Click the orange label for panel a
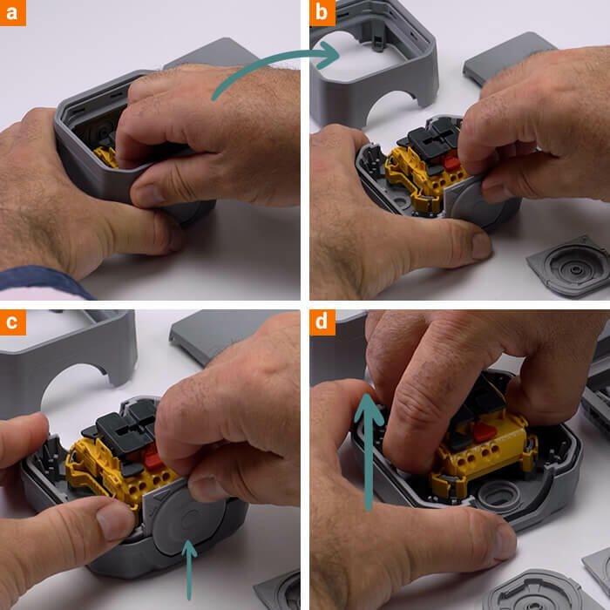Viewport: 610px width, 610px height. pyautogui.click(x=13, y=13)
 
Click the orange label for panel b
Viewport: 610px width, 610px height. pyautogui.click(x=322, y=13)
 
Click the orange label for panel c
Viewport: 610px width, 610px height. pyautogui.click(x=13, y=322)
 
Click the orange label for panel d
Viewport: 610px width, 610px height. pyautogui.click(x=322, y=322)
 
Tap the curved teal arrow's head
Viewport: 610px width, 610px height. pyautogui.click(x=330, y=55)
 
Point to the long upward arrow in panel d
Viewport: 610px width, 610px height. pyautogui.click(x=369, y=451)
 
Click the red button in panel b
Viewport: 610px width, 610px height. pyautogui.click(x=452, y=163)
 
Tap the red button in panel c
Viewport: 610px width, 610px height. pyautogui.click(x=152, y=458)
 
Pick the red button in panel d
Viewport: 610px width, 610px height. pyautogui.click(x=484, y=432)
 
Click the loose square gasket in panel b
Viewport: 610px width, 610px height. pyautogui.click(x=570, y=267)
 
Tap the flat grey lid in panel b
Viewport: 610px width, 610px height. pyautogui.click(x=505, y=57)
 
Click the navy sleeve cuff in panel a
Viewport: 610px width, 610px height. pyautogui.click(x=43, y=281)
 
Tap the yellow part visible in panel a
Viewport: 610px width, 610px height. pyautogui.click(x=105, y=156)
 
